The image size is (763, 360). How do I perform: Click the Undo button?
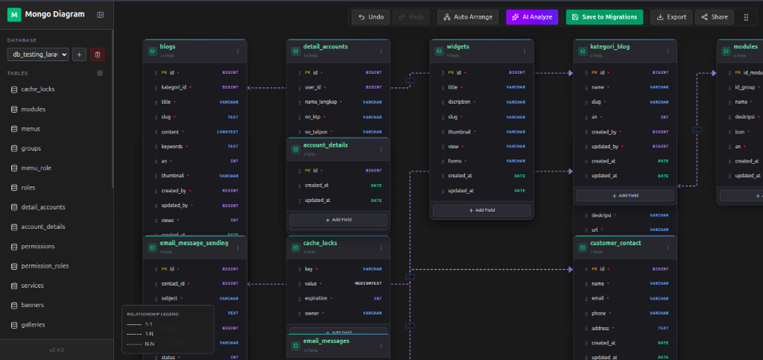[x=370, y=16]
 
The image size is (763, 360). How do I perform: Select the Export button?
[x=671, y=16]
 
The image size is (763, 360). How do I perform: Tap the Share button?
[x=714, y=16]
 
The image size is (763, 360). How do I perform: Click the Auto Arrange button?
[x=467, y=16]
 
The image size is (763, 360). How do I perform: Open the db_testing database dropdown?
[x=38, y=54]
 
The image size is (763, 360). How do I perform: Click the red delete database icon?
[x=98, y=54]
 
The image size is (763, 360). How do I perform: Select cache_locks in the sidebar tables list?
[x=37, y=89]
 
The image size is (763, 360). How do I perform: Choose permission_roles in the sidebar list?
[x=45, y=266]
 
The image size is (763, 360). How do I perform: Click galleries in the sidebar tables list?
[x=33, y=325]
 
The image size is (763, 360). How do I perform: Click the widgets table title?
[x=458, y=46]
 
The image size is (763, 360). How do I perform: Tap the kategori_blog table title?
[x=610, y=46]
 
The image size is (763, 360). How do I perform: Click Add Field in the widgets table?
[x=481, y=211]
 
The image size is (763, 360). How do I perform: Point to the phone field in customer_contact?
[x=598, y=313]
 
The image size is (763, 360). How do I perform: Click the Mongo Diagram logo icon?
[x=14, y=15]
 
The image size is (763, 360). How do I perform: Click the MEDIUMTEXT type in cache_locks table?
[x=368, y=284]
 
